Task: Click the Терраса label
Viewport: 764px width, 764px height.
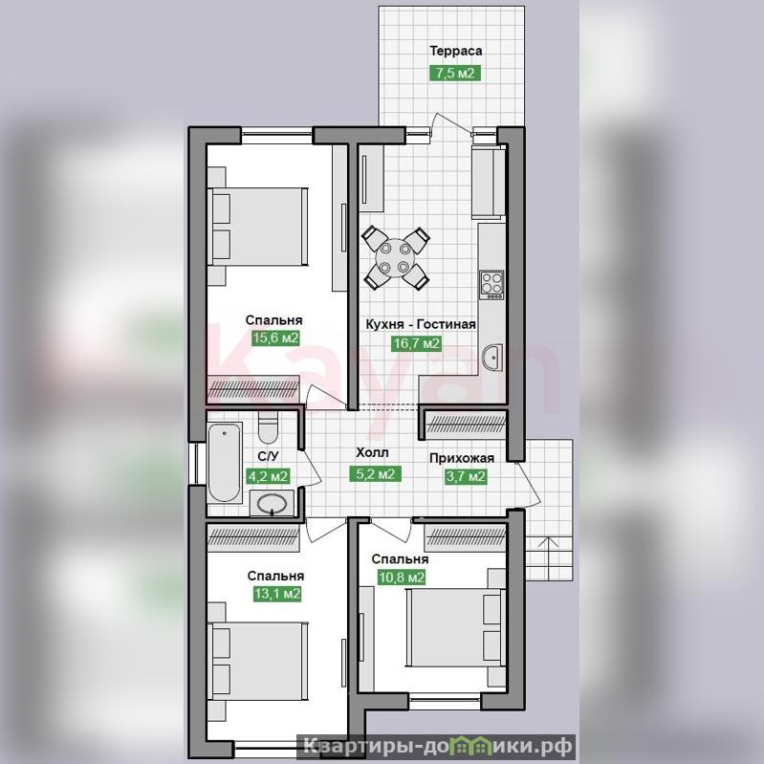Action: (x=455, y=52)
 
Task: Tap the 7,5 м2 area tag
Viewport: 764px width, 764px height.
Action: (x=454, y=73)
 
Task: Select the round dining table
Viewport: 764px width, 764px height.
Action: (x=395, y=257)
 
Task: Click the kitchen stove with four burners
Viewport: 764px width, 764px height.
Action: (x=491, y=285)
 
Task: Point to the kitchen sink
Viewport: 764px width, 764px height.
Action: (x=492, y=358)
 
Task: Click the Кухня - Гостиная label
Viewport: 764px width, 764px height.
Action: (x=421, y=324)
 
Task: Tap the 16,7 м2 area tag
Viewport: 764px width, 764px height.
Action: (x=417, y=343)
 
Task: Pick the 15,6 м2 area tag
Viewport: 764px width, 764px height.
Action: (x=275, y=338)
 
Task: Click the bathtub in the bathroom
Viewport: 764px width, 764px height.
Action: (x=224, y=463)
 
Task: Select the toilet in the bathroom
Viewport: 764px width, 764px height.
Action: (x=268, y=426)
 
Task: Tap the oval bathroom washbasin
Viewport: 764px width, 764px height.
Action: (x=272, y=503)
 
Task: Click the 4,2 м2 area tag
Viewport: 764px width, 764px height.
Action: (x=268, y=476)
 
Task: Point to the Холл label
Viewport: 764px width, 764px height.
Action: (x=373, y=453)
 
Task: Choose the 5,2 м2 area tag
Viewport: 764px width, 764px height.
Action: (x=375, y=473)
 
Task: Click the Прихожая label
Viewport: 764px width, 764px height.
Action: (x=462, y=458)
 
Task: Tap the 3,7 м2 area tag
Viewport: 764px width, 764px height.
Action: (x=466, y=476)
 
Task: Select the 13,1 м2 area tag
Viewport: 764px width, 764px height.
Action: (x=276, y=594)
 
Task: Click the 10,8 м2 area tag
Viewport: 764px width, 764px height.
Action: (x=402, y=578)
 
